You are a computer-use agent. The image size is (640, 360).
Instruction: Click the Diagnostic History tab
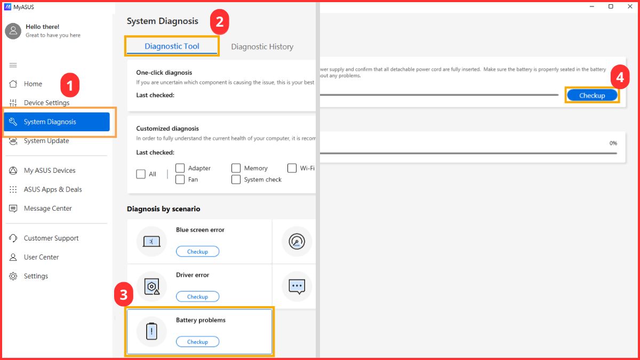(x=262, y=46)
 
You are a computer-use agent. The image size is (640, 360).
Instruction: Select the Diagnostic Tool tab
(x=172, y=46)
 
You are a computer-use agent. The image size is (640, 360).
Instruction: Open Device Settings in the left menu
(x=46, y=102)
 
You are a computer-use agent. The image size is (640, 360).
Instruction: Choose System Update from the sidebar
(x=46, y=141)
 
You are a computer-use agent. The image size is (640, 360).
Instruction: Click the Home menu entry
(x=33, y=84)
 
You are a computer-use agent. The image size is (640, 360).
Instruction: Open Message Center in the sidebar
(x=47, y=209)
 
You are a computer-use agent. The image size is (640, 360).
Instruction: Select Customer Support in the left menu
(x=51, y=238)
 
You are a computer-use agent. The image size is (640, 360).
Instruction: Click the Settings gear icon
(x=13, y=276)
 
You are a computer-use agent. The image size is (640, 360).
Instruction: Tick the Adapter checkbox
(x=180, y=168)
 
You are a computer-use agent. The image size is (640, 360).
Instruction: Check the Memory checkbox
(x=236, y=168)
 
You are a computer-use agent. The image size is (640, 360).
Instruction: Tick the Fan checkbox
(x=180, y=179)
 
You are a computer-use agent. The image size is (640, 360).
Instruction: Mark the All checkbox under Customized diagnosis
(x=141, y=174)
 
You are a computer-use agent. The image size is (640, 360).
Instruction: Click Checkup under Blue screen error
(x=197, y=251)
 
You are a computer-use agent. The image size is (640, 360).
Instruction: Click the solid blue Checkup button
(x=592, y=95)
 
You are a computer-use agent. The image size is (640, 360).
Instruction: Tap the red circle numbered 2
(x=219, y=22)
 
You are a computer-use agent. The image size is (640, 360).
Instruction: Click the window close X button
(x=630, y=6)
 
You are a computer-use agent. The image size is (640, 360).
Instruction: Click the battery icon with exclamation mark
(x=151, y=331)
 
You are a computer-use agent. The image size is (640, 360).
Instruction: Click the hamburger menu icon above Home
(x=13, y=65)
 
